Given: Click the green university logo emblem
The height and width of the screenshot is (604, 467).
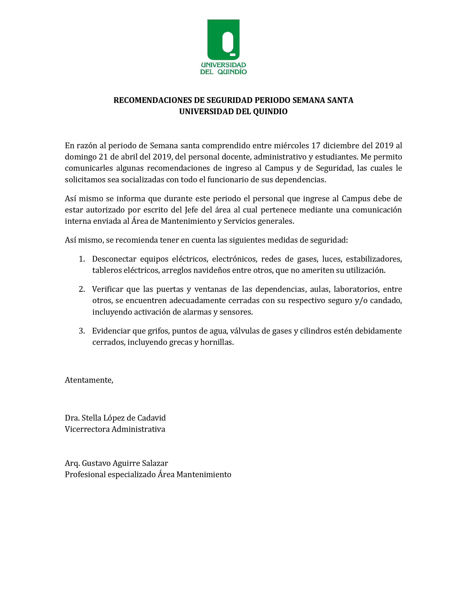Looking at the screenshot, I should [x=223, y=40].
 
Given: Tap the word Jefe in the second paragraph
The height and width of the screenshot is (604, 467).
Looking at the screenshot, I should [x=191, y=210].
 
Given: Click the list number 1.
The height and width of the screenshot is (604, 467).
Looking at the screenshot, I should [x=82, y=259].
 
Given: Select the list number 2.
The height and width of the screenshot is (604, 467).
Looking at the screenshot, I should [x=82, y=289].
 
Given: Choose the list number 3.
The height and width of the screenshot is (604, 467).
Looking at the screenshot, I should [x=82, y=331].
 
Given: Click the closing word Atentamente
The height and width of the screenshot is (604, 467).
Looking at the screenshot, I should [x=89, y=380].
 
